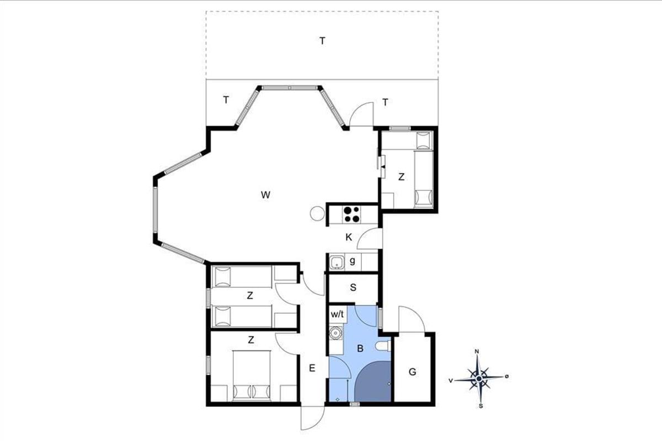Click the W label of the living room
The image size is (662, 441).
(265, 195)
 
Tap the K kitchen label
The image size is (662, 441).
(349, 237)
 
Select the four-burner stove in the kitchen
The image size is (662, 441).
(352, 214)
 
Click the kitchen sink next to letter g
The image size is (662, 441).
(337, 262)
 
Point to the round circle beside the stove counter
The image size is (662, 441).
(317, 213)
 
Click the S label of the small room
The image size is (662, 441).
(353, 287)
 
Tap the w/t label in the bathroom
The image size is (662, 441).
(337, 314)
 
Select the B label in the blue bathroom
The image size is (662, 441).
(360, 348)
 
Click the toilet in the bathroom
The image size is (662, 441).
(383, 346)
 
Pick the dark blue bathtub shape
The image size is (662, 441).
(373, 381)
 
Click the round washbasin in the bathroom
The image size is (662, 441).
(335, 333)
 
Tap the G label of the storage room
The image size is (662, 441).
(413, 372)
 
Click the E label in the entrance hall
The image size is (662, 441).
(312, 368)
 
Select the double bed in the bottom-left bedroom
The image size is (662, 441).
(252, 375)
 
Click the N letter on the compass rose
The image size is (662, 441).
(477, 352)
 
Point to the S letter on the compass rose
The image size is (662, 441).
(481, 406)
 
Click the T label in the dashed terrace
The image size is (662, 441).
(322, 41)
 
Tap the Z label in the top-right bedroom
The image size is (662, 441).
(402, 177)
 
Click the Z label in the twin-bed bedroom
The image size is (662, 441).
(250, 295)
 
